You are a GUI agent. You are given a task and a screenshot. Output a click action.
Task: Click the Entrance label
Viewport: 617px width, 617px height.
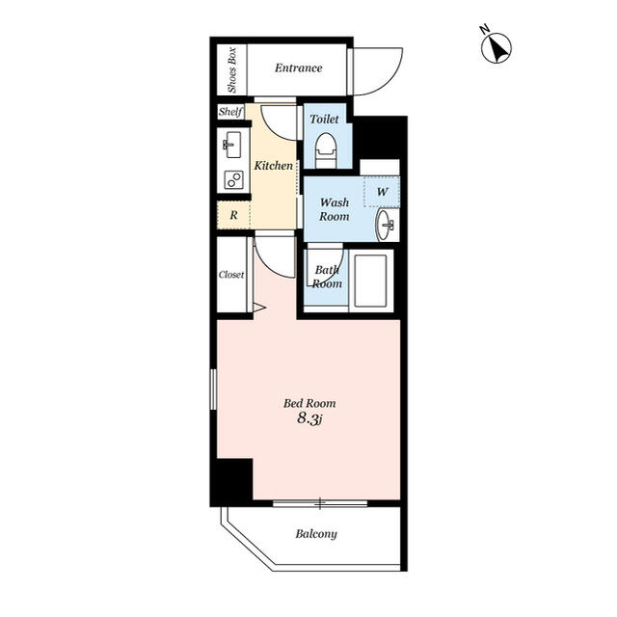click(x=298, y=68)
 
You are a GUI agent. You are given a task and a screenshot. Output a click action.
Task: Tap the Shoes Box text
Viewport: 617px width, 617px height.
click(x=232, y=70)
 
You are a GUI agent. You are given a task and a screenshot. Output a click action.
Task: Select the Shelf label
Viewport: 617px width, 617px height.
click(x=230, y=112)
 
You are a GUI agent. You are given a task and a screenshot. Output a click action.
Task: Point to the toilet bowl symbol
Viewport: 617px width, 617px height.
click(x=326, y=150)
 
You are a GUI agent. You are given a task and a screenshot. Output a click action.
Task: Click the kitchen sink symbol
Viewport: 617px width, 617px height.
click(x=232, y=145)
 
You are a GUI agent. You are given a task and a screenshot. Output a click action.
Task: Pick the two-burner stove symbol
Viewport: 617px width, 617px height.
click(x=233, y=180)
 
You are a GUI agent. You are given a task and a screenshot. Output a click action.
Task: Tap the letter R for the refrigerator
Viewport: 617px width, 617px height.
click(x=233, y=215)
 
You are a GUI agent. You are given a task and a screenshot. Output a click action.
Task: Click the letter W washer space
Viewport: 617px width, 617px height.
click(x=382, y=192)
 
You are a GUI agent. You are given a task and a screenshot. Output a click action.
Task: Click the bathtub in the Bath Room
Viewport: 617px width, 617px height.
click(x=370, y=281)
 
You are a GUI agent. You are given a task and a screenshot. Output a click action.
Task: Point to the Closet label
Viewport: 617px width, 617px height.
click(x=231, y=274)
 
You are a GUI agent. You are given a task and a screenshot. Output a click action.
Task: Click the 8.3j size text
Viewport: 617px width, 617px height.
click(x=309, y=418)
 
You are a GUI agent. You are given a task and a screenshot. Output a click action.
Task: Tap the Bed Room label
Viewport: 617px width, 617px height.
click(x=309, y=403)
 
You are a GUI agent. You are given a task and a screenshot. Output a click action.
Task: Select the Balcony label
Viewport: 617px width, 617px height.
click(x=316, y=534)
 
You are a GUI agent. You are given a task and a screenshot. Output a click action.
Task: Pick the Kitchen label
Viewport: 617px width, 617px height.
click(x=274, y=166)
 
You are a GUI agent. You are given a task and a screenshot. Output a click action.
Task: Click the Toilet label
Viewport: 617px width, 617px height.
click(x=324, y=119)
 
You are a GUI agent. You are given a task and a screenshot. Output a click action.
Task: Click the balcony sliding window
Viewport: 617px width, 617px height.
click(x=320, y=503)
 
